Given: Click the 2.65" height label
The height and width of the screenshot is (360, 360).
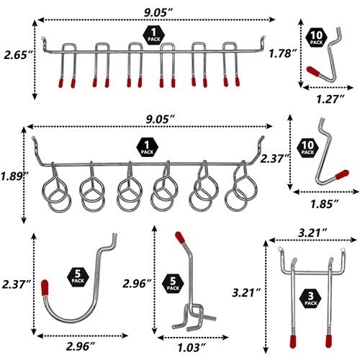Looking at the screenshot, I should [x=16, y=55].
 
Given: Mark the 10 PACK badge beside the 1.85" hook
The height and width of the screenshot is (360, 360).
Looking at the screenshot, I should [x=308, y=149].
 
